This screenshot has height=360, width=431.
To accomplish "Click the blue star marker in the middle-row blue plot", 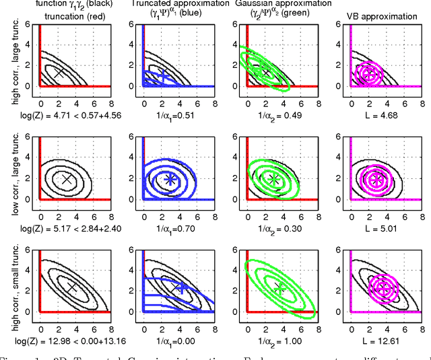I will pos(170,179).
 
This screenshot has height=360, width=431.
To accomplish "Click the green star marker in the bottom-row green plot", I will pos(279,288).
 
